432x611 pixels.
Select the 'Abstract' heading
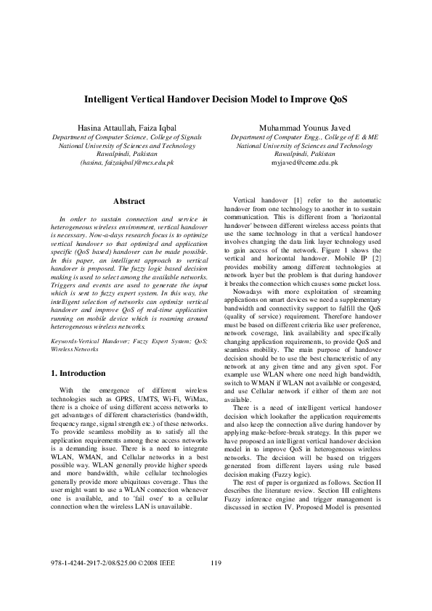tap(129, 201)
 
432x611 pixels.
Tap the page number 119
tap(215, 563)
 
